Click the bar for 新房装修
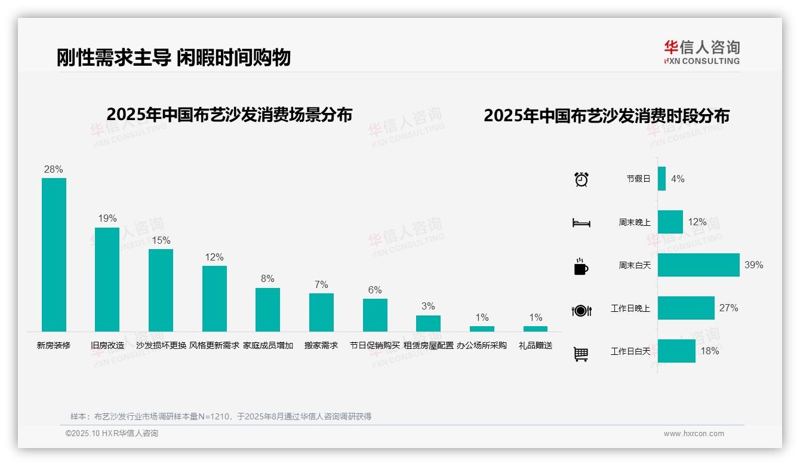(54, 255)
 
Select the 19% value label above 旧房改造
(107, 219)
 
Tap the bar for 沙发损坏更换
(161, 290)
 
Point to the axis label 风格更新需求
(214, 345)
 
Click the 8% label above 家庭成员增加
(267, 279)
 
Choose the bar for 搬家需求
(321, 312)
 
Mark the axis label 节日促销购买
(375, 345)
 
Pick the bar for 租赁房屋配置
(428, 323)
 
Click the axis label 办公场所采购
(482, 345)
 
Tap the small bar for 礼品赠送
(536, 329)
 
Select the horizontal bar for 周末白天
(699, 265)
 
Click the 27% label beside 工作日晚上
(728, 308)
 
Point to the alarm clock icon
(581, 179)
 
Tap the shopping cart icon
(581, 354)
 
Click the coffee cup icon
(581, 266)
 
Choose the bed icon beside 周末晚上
(581, 223)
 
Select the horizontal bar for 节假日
(661, 179)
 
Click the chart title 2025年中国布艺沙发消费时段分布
(607, 116)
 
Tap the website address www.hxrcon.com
(694, 434)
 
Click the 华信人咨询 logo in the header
(701, 52)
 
